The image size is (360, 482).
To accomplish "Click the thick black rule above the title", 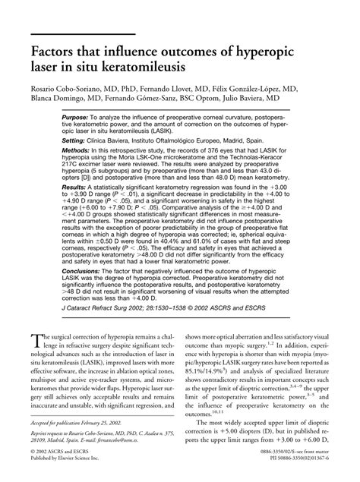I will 84,35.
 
